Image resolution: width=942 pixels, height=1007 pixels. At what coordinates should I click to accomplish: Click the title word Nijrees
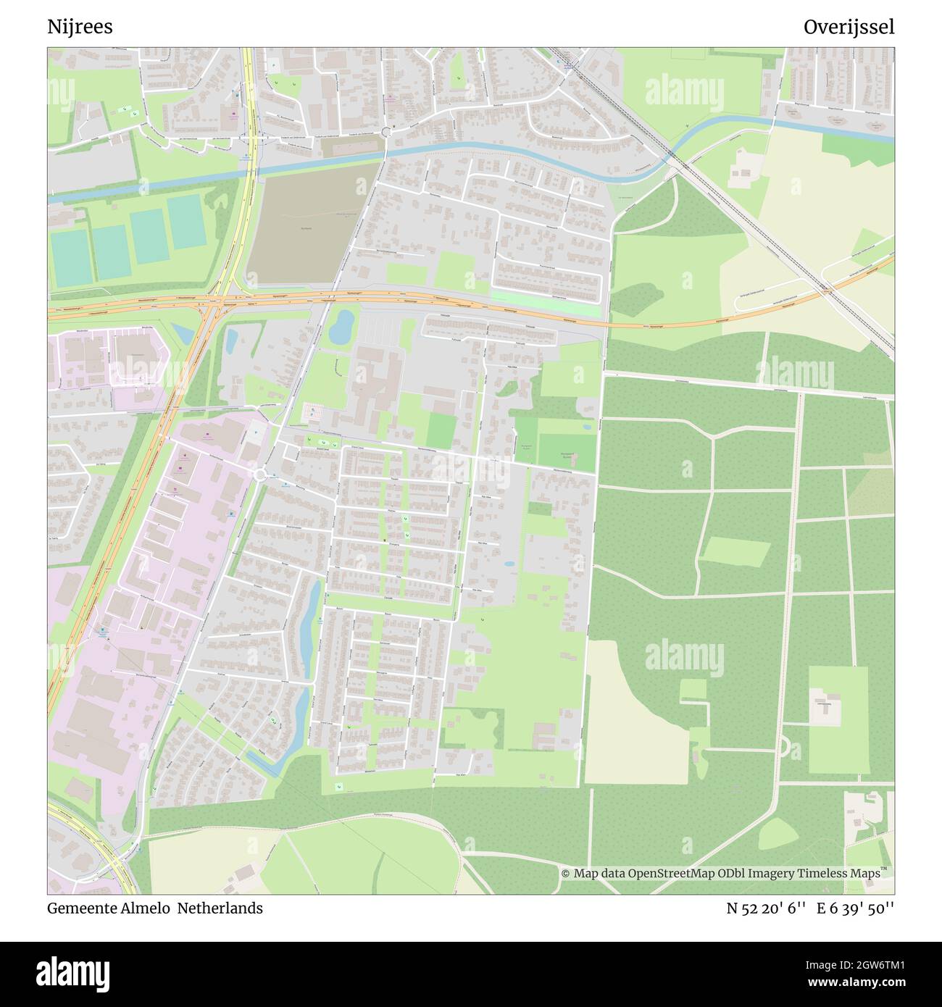pyautogui.click(x=80, y=27)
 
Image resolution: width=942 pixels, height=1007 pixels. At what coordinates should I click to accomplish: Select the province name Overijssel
pyautogui.click(x=849, y=27)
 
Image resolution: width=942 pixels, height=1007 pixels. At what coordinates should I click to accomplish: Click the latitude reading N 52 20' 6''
pyautogui.click(x=766, y=908)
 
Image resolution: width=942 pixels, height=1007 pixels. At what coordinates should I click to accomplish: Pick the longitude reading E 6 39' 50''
pyautogui.click(x=856, y=908)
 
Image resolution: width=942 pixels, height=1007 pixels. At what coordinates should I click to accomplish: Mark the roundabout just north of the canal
pyautogui.click(x=385, y=131)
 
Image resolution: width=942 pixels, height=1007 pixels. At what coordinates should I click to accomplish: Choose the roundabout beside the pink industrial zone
pyautogui.click(x=261, y=475)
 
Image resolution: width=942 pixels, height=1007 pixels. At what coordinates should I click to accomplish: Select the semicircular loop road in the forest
pyautogui.click(x=783, y=748)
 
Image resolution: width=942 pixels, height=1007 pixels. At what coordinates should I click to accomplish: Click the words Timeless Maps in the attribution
pyautogui.click(x=846, y=873)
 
